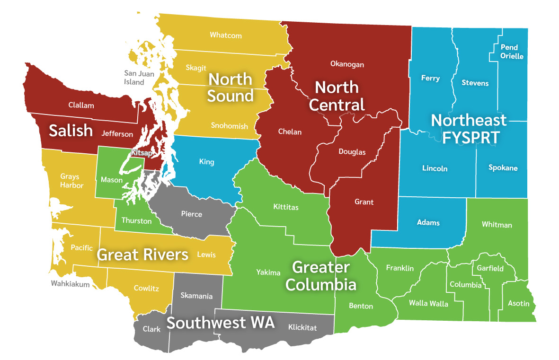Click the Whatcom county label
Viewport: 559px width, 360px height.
(x=226, y=35)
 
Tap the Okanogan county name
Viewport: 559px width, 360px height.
(x=347, y=64)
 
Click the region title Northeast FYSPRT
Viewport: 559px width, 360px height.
(x=468, y=128)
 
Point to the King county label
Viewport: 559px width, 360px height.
(x=206, y=162)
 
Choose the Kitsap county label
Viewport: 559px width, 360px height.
(x=142, y=153)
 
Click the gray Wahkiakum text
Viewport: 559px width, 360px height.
(x=71, y=284)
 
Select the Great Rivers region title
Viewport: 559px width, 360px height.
(x=142, y=255)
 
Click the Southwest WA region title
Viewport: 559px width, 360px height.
(x=221, y=323)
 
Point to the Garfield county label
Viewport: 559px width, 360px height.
(x=490, y=268)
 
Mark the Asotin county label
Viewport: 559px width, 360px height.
(x=518, y=303)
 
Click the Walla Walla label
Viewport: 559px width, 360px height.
(x=428, y=303)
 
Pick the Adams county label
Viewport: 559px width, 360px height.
(x=428, y=222)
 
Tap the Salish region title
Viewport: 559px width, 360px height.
(x=71, y=131)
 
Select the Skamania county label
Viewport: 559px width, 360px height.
(x=196, y=296)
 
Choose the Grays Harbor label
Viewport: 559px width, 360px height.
(x=71, y=181)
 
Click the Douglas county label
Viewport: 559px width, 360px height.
(x=352, y=152)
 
